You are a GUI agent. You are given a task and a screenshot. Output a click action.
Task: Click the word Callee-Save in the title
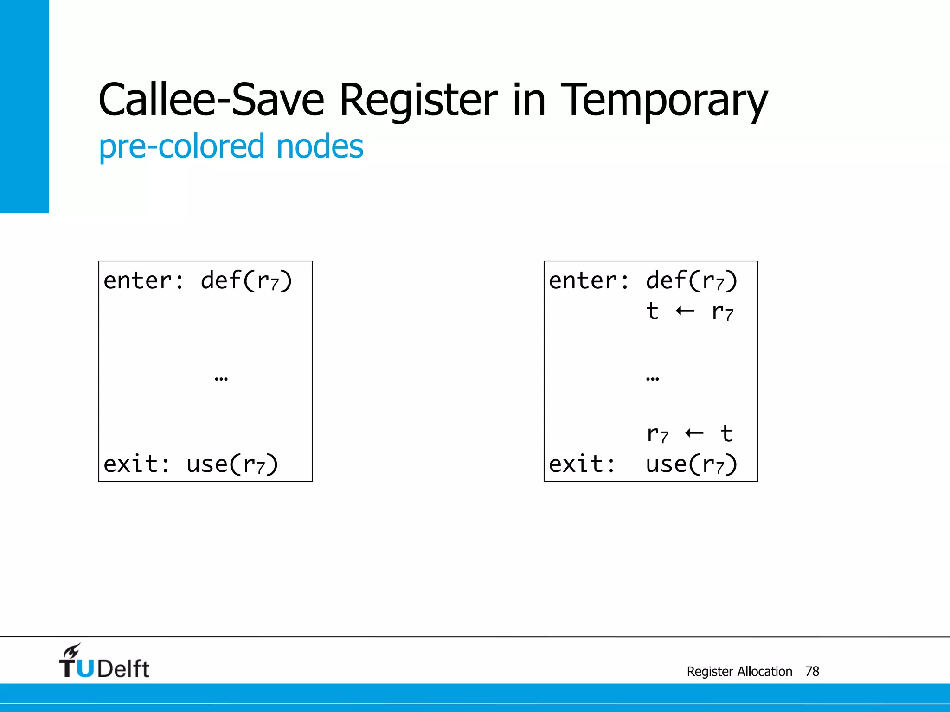(x=211, y=100)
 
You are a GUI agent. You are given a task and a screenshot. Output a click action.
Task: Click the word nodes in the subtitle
(x=320, y=146)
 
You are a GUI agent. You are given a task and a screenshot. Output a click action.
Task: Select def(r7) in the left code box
(x=246, y=281)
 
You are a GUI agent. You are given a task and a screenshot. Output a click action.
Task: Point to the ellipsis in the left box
(x=221, y=379)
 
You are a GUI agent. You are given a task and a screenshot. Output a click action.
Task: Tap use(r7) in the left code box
(x=232, y=464)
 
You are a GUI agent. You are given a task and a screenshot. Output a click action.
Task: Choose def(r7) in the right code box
(x=692, y=281)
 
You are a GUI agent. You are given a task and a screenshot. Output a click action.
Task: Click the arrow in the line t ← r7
(x=685, y=311)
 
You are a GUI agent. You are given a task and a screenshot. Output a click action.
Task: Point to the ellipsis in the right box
(x=652, y=379)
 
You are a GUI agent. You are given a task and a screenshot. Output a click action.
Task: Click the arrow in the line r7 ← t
(x=694, y=433)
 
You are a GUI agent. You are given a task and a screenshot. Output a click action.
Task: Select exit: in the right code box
(x=582, y=464)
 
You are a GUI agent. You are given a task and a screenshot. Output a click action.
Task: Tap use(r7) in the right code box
(x=692, y=464)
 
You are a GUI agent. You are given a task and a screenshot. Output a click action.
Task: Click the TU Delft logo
(x=104, y=662)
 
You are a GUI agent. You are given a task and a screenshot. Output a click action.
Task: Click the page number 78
(x=812, y=671)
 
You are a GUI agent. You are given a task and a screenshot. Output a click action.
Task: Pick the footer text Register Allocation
(x=739, y=671)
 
